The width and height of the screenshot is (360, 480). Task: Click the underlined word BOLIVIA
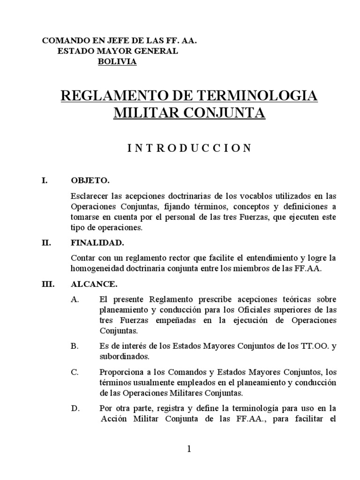117,61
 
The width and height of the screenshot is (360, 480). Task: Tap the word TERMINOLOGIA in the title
257,96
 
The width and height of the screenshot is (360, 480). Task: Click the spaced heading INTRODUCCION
189,148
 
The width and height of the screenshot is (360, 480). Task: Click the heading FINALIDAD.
97,243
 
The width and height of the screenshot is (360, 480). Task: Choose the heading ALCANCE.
94,284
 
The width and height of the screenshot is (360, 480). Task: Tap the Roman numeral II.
46,243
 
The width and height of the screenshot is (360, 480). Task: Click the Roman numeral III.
48,284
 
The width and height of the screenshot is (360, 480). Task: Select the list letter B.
74,346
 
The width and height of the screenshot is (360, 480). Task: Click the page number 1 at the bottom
189,449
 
